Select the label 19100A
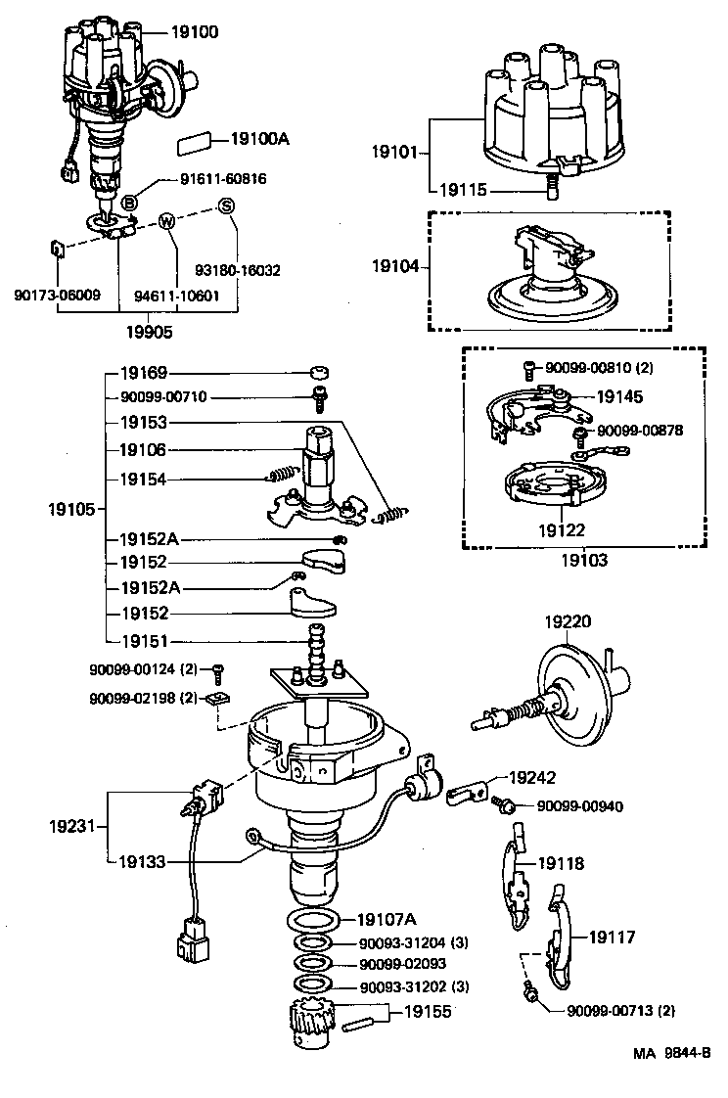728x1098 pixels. (260, 139)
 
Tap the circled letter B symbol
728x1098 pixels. (129, 202)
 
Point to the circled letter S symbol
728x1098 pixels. (227, 205)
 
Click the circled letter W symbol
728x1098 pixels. (167, 221)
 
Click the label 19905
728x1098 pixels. (150, 332)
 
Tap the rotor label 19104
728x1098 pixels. (395, 264)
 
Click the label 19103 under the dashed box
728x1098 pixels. (584, 561)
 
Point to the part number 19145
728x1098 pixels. (618, 397)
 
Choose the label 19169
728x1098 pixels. (144, 373)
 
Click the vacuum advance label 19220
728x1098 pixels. (569, 620)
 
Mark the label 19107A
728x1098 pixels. (387, 919)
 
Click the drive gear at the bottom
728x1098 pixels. (316, 1025)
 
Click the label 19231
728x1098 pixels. (71, 826)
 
